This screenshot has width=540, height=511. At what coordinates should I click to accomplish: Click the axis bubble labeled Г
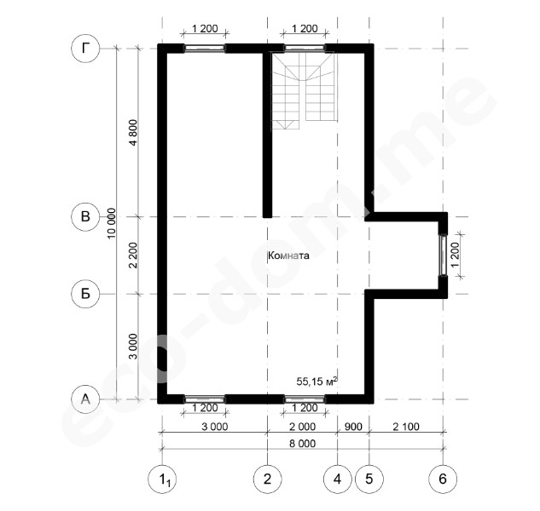pyautogui.click(x=85, y=49)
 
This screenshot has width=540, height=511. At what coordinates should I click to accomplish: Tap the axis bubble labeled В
pyautogui.click(x=85, y=216)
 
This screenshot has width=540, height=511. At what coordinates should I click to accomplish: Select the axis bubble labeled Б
pyautogui.click(x=85, y=294)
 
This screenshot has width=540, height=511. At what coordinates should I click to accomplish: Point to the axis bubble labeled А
pyautogui.click(x=85, y=399)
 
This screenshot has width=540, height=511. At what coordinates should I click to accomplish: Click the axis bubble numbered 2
pyautogui.click(x=267, y=479)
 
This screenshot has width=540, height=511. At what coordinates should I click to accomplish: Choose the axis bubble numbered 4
pyautogui.click(x=338, y=479)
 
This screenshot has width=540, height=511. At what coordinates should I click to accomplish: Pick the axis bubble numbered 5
pyautogui.click(x=369, y=479)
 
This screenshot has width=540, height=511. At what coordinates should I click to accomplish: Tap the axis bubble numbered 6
pyautogui.click(x=443, y=479)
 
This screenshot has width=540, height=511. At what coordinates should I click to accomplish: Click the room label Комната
pyautogui.click(x=288, y=255)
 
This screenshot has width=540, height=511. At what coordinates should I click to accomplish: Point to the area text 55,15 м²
pyautogui.click(x=316, y=381)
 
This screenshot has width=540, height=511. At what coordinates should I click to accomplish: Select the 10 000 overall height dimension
pyautogui.click(x=111, y=223)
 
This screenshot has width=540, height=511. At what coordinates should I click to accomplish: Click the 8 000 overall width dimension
pyautogui.click(x=302, y=444)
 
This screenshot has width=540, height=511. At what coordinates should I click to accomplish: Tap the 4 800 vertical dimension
pyautogui.click(x=133, y=132)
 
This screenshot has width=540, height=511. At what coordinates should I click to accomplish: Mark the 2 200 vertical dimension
pyautogui.click(x=133, y=255)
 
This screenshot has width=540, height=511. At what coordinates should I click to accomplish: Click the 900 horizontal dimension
pyautogui.click(x=353, y=427)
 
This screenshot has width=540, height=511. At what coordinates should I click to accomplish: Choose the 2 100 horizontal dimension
pyautogui.click(x=406, y=427)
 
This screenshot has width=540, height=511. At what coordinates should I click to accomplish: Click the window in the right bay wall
pyautogui.click(x=443, y=255)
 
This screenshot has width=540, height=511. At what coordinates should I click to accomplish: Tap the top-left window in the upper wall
pyautogui.click(x=205, y=49)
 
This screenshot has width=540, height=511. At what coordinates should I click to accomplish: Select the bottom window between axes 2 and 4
pyautogui.click(x=304, y=399)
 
